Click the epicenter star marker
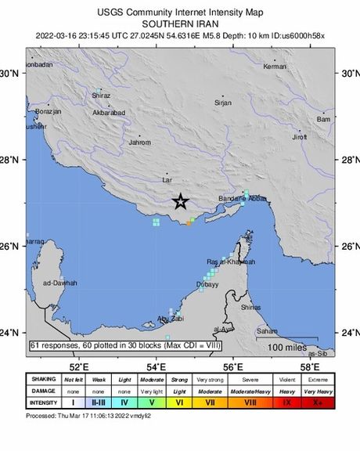[x=180, y=202]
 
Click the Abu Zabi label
[x=170, y=319]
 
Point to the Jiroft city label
[x=299, y=137]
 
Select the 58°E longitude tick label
[x=310, y=366]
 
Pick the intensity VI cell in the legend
[x=179, y=403]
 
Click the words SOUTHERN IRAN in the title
[x=180, y=23]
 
